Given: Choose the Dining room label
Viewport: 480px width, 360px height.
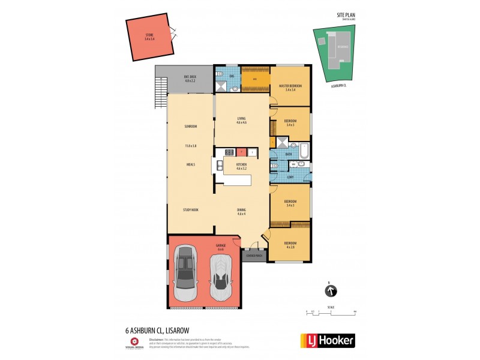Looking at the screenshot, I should tap(242, 211).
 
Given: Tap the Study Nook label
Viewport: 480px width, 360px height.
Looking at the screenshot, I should tap(191, 209).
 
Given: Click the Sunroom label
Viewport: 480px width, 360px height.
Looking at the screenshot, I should tap(191, 127).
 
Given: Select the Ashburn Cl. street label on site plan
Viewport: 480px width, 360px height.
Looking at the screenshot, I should tap(340, 86).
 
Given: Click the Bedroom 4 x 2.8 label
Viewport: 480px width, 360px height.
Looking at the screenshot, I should tap(290, 244).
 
